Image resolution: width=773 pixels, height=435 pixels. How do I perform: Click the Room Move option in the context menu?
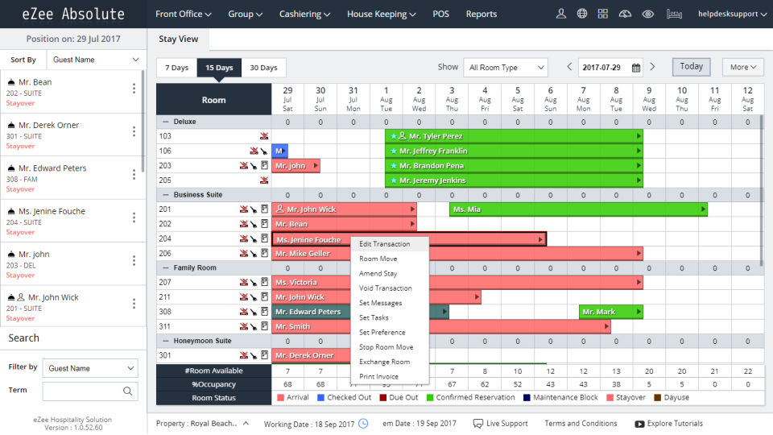(378, 259)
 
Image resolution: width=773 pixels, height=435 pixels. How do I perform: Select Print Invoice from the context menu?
(378, 376)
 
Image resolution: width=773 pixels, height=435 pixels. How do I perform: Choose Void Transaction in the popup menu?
(386, 288)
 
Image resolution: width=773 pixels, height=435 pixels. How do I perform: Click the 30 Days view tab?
(263, 68)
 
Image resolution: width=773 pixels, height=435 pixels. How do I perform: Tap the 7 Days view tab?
(177, 68)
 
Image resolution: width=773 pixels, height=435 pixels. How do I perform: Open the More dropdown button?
(742, 68)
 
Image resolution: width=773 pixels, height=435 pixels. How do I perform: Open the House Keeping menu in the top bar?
(382, 14)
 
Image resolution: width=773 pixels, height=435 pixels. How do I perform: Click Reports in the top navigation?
(482, 14)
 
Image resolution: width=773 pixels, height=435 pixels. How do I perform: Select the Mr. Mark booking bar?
(610, 312)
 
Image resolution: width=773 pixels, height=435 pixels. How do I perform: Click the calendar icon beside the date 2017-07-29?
(636, 68)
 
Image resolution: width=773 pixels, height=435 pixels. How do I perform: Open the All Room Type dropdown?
(505, 68)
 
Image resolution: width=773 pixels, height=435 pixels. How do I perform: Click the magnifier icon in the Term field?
(127, 391)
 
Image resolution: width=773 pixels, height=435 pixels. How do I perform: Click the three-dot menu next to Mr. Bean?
(134, 88)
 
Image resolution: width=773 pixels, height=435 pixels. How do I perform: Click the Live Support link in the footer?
(501, 424)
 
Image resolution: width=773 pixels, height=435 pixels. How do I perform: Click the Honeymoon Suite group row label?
(202, 341)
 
